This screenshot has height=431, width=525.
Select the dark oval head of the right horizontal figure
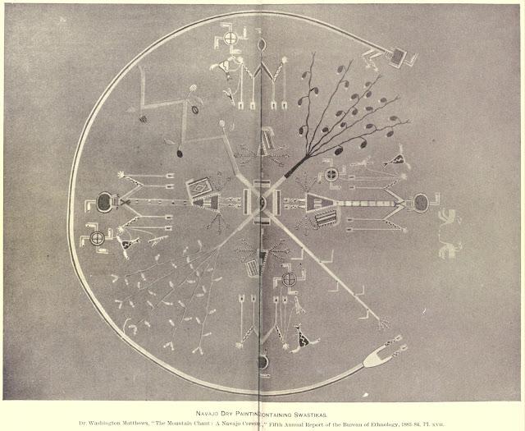(422, 202)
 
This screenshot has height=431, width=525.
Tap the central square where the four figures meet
(262, 201)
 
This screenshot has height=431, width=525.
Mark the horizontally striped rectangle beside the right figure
(325, 217)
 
